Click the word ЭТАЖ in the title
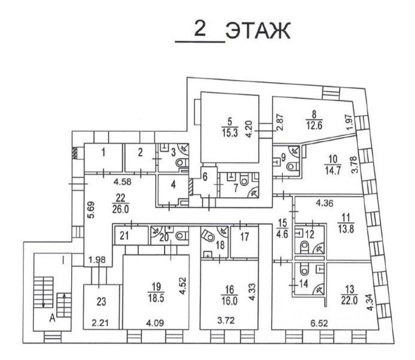pos(258,31)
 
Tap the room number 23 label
pos(101,302)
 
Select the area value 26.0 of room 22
pos(120,209)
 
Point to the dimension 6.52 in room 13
pos(320,323)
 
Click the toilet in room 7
pos(244,180)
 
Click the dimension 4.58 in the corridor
pos(123,182)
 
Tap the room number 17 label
pos(245,237)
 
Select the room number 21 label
pos(124,236)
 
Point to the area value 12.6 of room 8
pos(314,125)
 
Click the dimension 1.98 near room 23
pos(97,260)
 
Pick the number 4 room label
pos(173,184)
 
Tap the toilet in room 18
pos(207,235)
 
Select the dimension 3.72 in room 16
pos(226,321)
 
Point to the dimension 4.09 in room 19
pos(155,323)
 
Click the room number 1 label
pos(104,153)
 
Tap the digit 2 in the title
pos(200,29)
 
